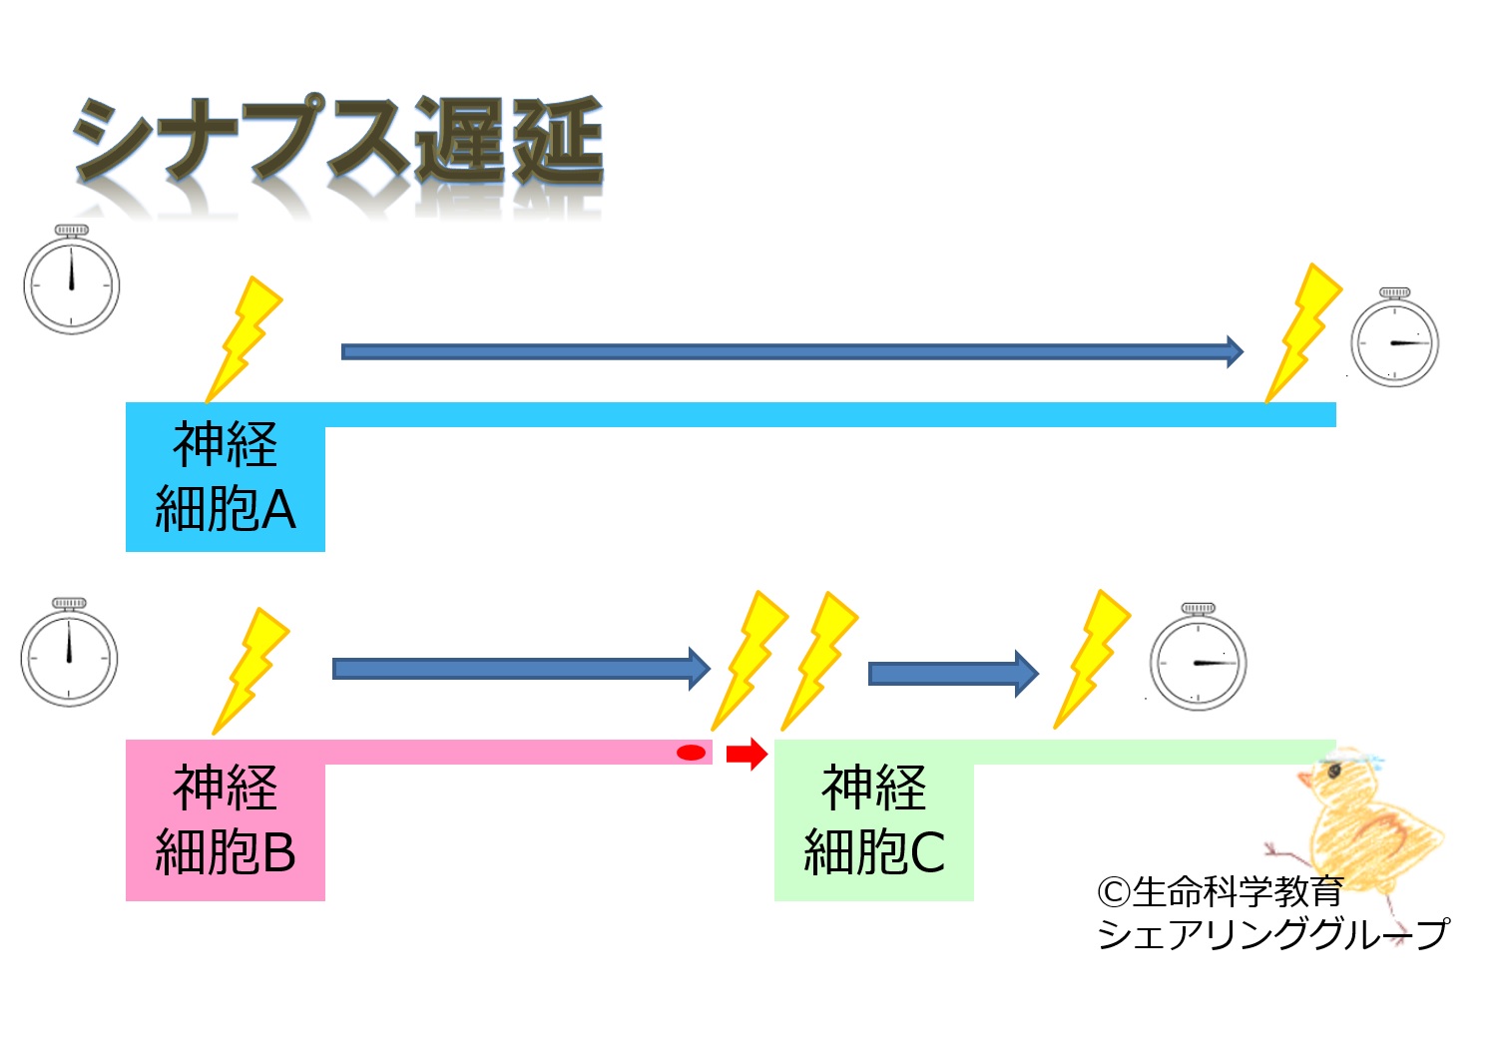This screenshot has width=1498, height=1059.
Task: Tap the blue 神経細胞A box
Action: coord(226,477)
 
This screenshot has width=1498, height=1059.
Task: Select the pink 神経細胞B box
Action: coord(226,820)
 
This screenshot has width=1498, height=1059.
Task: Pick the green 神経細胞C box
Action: coord(874,820)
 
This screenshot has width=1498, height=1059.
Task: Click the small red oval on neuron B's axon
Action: coord(691,753)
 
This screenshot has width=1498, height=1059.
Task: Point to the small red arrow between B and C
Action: coord(746,754)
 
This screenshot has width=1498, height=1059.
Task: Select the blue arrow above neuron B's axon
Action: coord(520,668)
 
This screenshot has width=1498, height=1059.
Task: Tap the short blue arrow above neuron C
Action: coord(953,674)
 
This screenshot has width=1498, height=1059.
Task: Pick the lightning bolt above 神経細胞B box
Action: coord(251,669)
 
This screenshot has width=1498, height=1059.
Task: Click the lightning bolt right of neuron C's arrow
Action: coord(1092,658)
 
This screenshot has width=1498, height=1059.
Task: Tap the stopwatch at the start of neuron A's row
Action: coord(72,280)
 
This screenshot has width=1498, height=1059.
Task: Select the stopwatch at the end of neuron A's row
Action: coord(1394,338)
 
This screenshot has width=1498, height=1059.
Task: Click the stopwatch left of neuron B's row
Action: coord(70,654)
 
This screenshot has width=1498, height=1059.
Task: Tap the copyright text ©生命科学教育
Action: coord(1220,890)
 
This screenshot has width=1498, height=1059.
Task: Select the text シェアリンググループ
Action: coord(1271,934)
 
